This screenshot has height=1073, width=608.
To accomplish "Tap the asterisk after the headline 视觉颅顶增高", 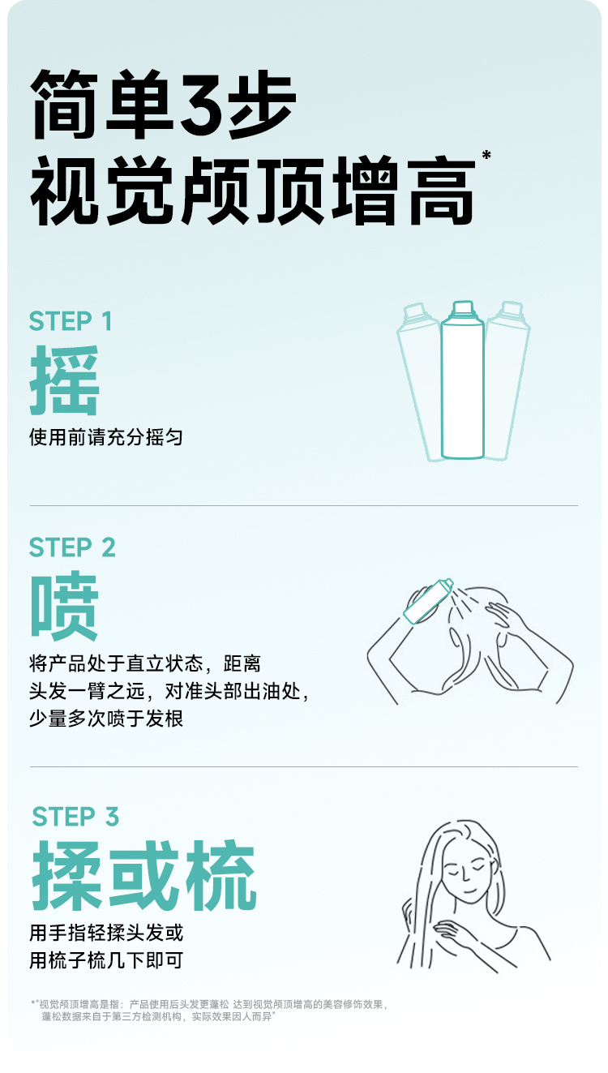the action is click(486, 155).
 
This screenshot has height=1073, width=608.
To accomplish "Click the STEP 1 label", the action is click(71, 321).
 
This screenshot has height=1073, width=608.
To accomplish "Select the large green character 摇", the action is click(64, 380).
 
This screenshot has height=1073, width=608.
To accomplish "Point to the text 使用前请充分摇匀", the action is click(106, 437).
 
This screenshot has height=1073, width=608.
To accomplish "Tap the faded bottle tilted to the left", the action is click(419, 381).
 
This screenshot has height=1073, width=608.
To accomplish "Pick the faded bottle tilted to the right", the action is click(507, 381).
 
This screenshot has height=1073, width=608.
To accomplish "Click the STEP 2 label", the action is click(72, 547).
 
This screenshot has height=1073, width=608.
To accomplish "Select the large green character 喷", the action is click(64, 606).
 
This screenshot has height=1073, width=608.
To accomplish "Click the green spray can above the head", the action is click(428, 601).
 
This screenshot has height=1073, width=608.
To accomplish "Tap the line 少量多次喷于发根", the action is click(106, 718).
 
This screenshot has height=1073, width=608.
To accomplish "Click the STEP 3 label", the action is click(75, 817).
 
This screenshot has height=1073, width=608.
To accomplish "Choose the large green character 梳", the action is click(221, 876).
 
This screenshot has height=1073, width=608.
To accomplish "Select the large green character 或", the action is click(144, 876).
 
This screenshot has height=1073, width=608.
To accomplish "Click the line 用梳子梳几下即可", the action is click(106, 960).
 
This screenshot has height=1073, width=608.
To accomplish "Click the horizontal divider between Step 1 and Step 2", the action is click(303, 505).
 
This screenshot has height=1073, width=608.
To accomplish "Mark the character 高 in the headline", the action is click(441, 190).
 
